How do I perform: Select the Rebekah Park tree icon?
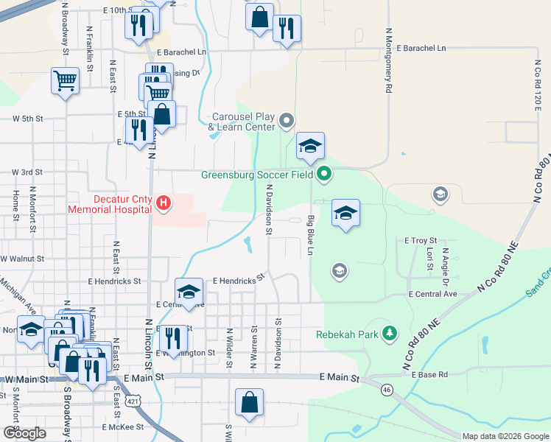388,334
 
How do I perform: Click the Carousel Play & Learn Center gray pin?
287,120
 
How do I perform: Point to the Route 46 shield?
386,389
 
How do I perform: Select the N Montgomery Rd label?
387,61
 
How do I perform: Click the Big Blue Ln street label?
311,235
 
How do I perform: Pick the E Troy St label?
421,241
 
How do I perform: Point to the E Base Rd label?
429,375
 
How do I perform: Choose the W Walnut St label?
22,259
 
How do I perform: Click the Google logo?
24,433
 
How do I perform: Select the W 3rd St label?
27,172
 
